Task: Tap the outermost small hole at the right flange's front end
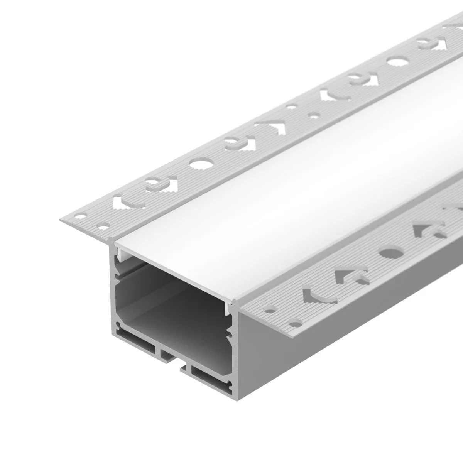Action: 296,322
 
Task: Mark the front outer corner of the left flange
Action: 60,220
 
